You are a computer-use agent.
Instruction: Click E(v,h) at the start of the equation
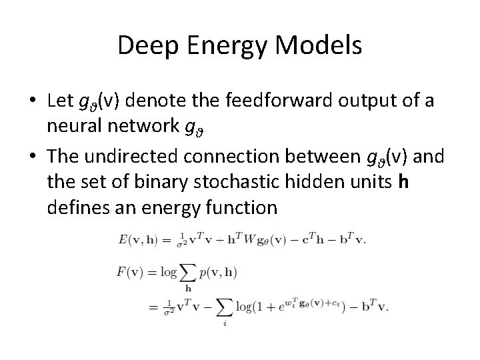tap(137, 239)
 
